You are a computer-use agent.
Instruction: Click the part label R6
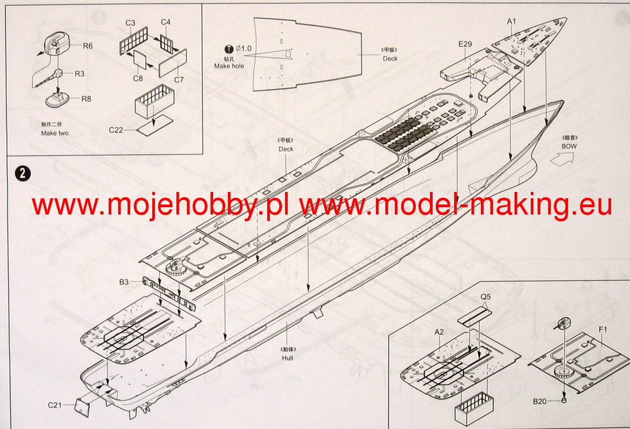(x=88, y=46)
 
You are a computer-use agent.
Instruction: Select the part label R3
(x=79, y=73)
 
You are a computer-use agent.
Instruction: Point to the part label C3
(x=131, y=23)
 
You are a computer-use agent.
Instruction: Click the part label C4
(x=165, y=22)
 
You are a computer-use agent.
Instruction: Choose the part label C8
(x=138, y=79)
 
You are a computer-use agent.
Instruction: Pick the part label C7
(x=179, y=80)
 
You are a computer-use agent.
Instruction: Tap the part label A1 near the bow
(x=512, y=21)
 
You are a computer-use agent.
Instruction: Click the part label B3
(x=123, y=282)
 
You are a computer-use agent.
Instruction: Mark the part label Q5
(x=486, y=296)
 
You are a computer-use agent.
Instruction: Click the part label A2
(x=439, y=331)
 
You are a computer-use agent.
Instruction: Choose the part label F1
(x=603, y=330)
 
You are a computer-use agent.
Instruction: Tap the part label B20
(x=540, y=402)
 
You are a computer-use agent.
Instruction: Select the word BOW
(x=569, y=146)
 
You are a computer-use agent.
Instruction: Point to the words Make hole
(x=229, y=66)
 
